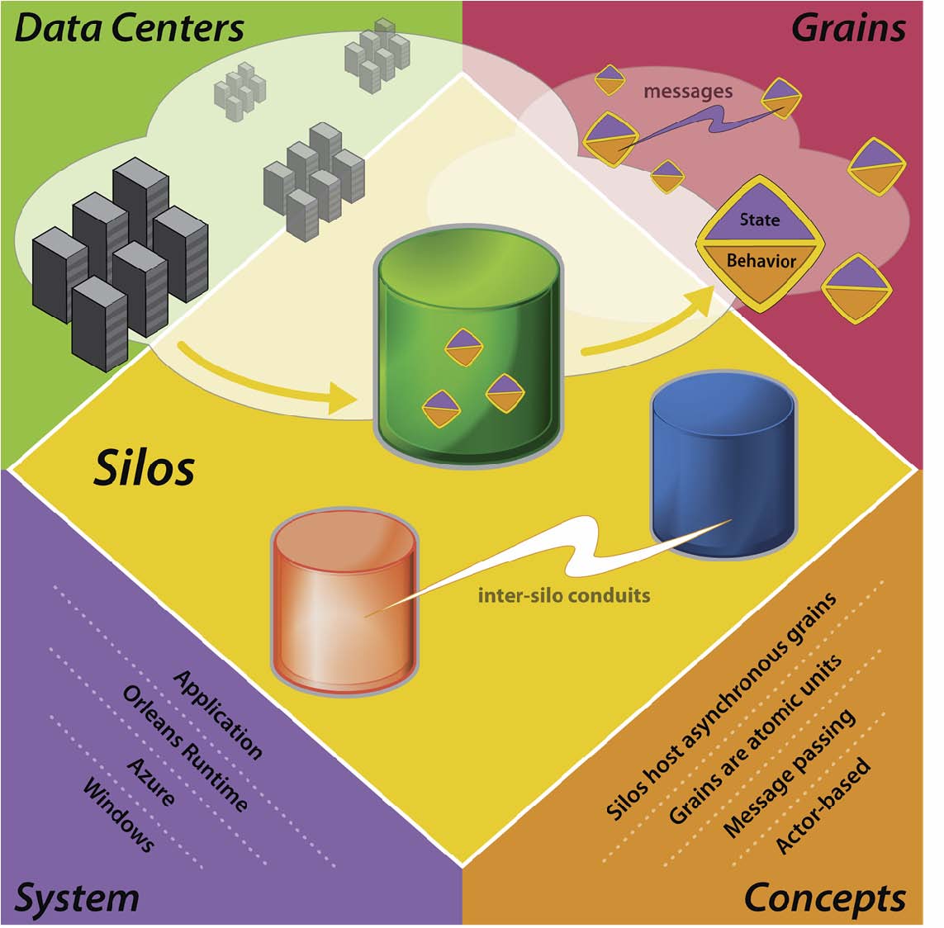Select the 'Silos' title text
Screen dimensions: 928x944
pos(145,468)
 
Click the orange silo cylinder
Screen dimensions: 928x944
pos(344,599)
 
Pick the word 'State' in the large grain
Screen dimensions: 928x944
pos(760,220)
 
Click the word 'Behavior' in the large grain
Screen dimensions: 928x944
pos(761,261)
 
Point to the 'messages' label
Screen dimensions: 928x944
pos(688,91)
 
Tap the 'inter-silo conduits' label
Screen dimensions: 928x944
pos(564,594)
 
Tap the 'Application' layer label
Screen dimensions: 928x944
pos(218,714)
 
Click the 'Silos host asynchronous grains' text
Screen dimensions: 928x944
pos(721,707)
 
